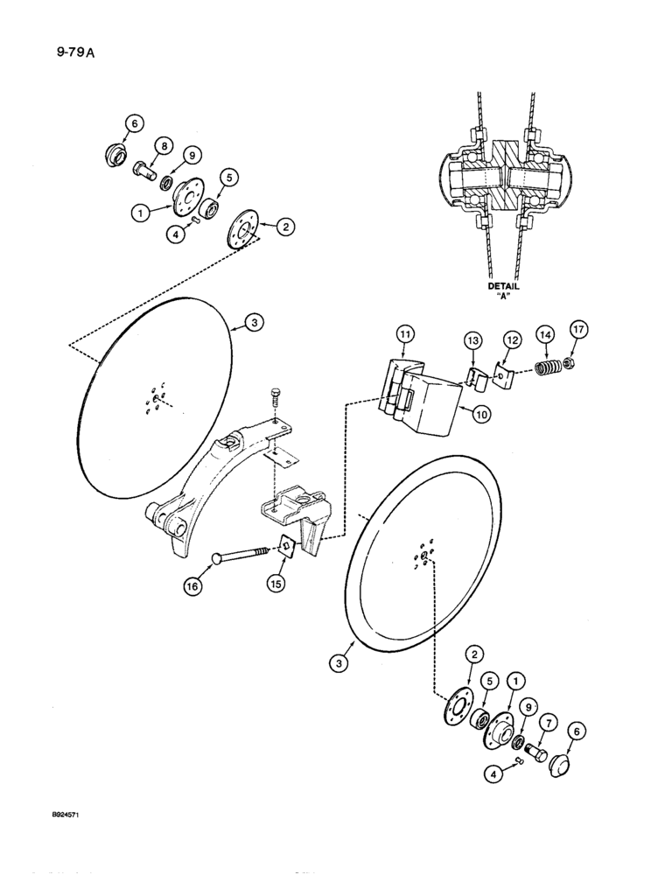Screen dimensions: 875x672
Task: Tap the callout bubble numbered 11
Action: [x=404, y=335]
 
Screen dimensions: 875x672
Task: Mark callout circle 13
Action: [x=473, y=339]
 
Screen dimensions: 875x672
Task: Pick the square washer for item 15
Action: [x=284, y=549]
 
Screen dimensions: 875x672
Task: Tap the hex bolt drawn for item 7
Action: [x=536, y=752]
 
